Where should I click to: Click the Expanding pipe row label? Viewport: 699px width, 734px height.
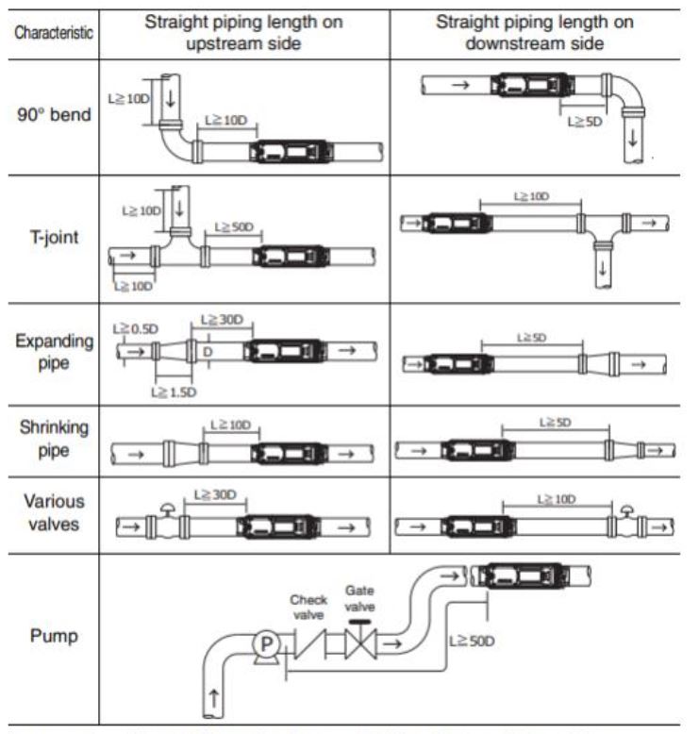(x=53, y=351)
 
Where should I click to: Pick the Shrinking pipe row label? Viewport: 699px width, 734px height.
(x=53, y=439)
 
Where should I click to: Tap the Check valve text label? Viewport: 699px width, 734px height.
(x=308, y=606)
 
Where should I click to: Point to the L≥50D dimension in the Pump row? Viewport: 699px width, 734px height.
(x=472, y=641)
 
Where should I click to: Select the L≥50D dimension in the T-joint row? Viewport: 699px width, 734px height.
(x=236, y=227)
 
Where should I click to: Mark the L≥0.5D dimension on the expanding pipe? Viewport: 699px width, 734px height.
(x=136, y=327)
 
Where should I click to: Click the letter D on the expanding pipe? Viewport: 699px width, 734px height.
(x=207, y=352)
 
